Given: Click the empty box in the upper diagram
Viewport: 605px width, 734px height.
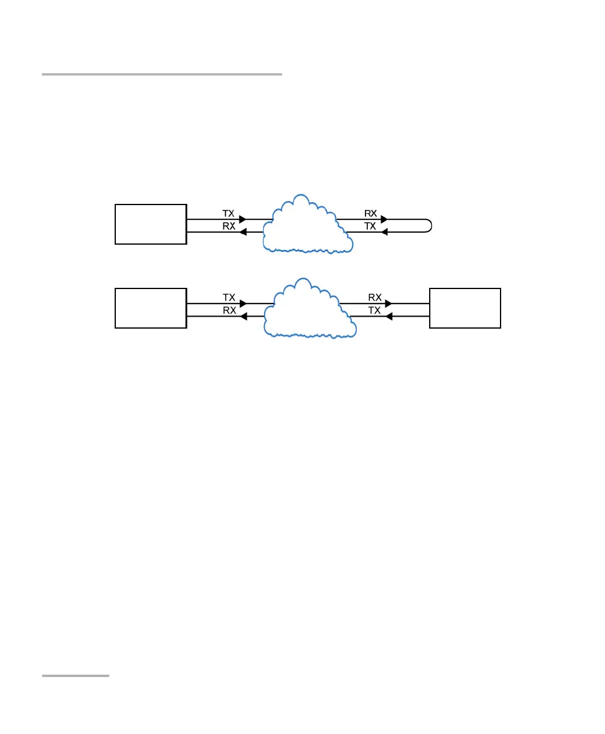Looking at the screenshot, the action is pyautogui.click(x=151, y=224).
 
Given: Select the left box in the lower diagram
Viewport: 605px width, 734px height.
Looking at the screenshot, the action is pyautogui.click(x=151, y=308).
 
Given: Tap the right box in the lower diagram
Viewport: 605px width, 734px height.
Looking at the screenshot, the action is pyautogui.click(x=465, y=308).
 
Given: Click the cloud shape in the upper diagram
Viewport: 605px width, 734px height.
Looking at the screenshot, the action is pyautogui.click(x=306, y=225).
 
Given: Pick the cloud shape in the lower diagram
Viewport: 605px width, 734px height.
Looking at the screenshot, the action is pyautogui.click(x=309, y=309).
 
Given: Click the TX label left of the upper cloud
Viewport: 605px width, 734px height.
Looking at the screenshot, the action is pyautogui.click(x=229, y=213).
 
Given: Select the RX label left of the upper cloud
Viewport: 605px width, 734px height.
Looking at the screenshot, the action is pyautogui.click(x=229, y=226).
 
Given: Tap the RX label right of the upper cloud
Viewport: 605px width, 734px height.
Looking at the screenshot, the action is pyautogui.click(x=370, y=213).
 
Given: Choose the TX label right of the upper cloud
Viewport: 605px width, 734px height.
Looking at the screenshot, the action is pyautogui.click(x=370, y=226).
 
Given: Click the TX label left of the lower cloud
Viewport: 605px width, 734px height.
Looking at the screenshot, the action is pyautogui.click(x=229, y=297).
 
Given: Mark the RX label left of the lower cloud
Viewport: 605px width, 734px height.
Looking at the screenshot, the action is pyautogui.click(x=229, y=310).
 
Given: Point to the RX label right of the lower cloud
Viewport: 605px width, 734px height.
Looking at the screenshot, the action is pyautogui.click(x=375, y=297).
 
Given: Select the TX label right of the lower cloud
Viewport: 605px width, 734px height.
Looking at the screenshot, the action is pyautogui.click(x=375, y=310).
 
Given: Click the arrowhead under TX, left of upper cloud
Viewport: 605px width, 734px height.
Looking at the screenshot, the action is pyautogui.click(x=242, y=219).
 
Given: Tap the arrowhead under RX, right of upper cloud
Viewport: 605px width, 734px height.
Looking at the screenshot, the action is pyautogui.click(x=384, y=219).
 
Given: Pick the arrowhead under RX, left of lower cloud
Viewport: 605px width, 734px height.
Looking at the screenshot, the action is pyautogui.click(x=243, y=316).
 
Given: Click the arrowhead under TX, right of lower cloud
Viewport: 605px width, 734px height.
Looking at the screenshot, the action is pyautogui.click(x=388, y=316).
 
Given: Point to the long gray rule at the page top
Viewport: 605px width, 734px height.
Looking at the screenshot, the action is pyautogui.click(x=162, y=74).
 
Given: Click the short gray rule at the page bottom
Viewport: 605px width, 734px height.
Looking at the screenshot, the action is pyautogui.click(x=76, y=676).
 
